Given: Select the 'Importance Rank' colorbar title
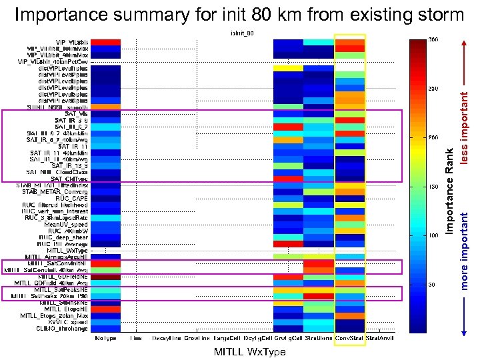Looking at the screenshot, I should point(451,190).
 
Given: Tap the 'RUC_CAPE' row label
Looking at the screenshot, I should point(72,198).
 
